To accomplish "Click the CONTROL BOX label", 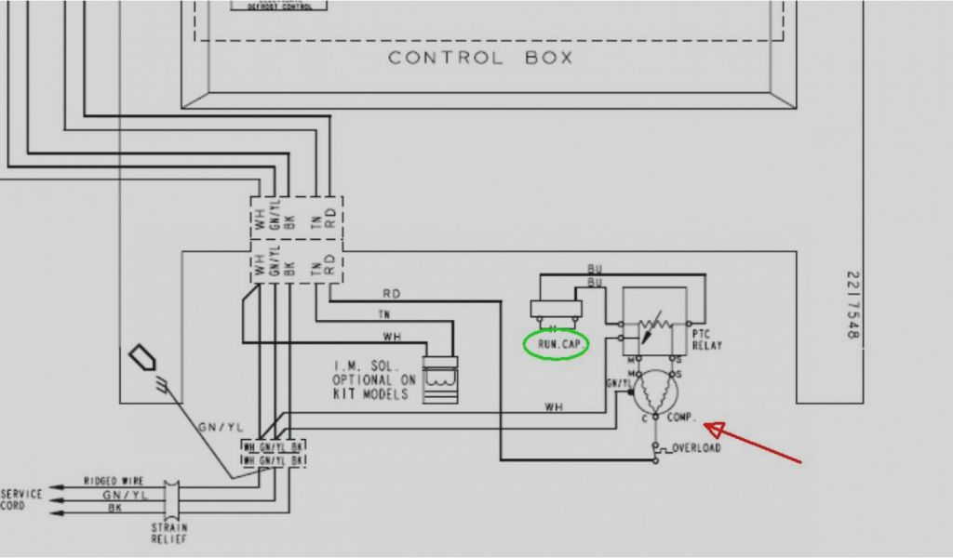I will tap(479, 58).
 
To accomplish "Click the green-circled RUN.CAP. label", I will tap(557, 344).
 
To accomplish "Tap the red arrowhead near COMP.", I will tap(714, 428).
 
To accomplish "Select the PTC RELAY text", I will tap(706, 339).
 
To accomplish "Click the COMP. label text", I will tap(681, 418).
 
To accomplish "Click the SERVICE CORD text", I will tap(21, 499).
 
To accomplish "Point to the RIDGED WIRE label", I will tap(113, 481).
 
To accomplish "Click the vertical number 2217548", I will tap(852, 304).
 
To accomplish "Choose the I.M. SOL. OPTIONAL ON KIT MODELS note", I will tap(374, 379).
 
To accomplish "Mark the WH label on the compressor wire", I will tap(554, 406).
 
